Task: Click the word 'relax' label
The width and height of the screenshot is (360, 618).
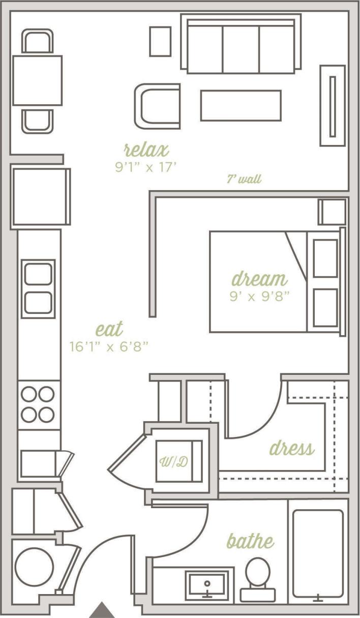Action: tap(146, 150)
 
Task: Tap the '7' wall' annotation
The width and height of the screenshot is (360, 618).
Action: tap(244, 180)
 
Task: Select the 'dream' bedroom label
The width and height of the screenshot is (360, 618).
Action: tap(259, 279)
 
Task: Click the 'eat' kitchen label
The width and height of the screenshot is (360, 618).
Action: tap(109, 330)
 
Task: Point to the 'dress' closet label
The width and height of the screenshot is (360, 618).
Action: tap(291, 449)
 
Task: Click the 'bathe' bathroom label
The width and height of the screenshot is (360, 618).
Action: tap(250, 541)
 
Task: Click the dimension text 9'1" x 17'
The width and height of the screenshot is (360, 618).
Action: tap(146, 167)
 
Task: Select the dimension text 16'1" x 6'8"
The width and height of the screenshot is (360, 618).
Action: tap(109, 347)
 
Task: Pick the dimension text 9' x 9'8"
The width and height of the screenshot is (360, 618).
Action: tap(259, 296)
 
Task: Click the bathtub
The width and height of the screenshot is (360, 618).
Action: tap(318, 553)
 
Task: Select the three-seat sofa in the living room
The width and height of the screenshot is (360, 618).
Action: tap(241, 45)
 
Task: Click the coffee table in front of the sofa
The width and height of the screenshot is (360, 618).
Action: tap(241, 105)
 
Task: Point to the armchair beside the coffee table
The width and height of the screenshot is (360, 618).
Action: tap(158, 106)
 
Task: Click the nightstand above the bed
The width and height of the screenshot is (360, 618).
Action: tap(333, 212)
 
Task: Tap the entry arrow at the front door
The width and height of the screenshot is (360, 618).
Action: tap(103, 610)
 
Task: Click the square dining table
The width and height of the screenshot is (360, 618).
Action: tap(37, 81)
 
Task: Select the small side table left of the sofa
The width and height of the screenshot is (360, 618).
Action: tap(160, 41)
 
